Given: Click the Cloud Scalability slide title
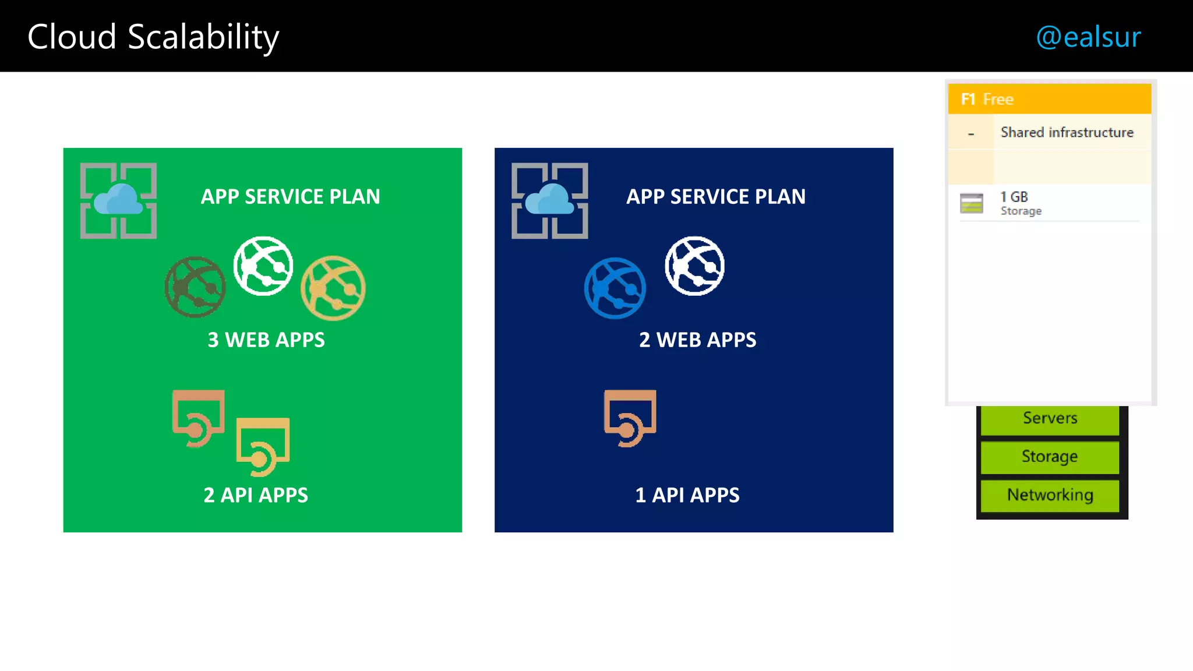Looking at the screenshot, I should pyautogui.click(x=153, y=37).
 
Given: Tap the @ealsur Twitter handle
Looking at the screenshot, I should pyautogui.click(x=1088, y=37).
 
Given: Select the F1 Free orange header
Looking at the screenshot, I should pyautogui.click(x=1049, y=99).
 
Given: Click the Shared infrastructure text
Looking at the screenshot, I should pyautogui.click(x=1067, y=133).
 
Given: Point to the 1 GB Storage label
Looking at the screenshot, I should pyautogui.click(x=1021, y=203).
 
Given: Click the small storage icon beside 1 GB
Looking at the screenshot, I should pyautogui.click(x=971, y=203).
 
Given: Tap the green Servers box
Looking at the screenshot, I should pyautogui.click(x=1050, y=418).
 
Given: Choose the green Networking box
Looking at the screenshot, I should pyautogui.click(x=1050, y=495).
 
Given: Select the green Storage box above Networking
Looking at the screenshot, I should pyautogui.click(x=1050, y=457).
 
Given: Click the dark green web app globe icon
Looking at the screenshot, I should pyautogui.click(x=195, y=287).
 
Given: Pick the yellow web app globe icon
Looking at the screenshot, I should pyautogui.click(x=333, y=288).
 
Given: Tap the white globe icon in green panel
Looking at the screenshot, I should pyautogui.click(x=263, y=266).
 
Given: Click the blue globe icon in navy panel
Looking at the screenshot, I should pyautogui.click(x=615, y=288).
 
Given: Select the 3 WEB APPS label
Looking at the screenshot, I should pyautogui.click(x=266, y=340).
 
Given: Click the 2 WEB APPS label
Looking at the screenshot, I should pyautogui.click(x=697, y=340).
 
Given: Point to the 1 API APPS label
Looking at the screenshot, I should pyautogui.click(x=687, y=495).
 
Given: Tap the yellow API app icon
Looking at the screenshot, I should pyautogui.click(x=263, y=446).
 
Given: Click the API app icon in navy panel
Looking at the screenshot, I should pyautogui.click(x=630, y=418).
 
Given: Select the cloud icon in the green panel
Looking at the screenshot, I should pyautogui.click(x=118, y=200).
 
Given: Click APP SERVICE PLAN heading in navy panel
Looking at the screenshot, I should pyautogui.click(x=716, y=197).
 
